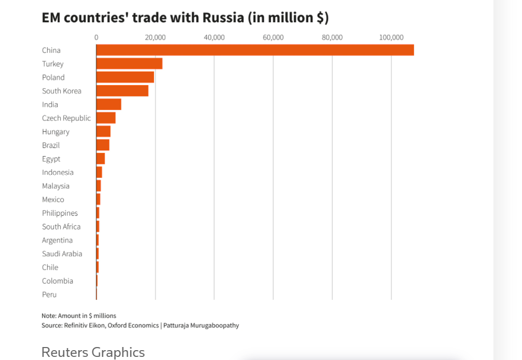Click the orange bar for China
click(255, 50)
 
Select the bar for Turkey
click(129, 64)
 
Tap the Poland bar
click(125, 77)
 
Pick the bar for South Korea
click(122, 91)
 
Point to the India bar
click(108, 104)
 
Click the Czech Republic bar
click(106, 118)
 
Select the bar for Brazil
click(103, 145)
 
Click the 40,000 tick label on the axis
click(214, 37)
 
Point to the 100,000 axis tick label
click(391, 37)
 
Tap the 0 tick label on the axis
click(96, 37)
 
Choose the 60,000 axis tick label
click(273, 37)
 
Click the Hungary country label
click(56, 132)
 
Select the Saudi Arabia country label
click(62, 254)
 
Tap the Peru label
click(49, 295)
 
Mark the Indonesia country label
click(58, 172)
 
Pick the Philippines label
click(60, 213)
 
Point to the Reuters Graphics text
click(93, 352)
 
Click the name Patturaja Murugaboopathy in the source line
click(201, 325)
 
